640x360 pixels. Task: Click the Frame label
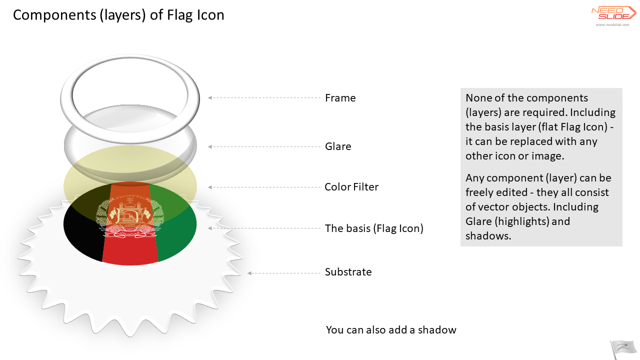pos(340,98)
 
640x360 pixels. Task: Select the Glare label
pos(338,146)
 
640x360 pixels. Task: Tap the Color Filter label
pos(351,187)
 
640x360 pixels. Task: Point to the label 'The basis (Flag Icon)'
pos(374,228)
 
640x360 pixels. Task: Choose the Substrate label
pos(348,271)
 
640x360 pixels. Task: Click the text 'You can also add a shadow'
pos(391,329)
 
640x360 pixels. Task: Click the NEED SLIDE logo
pos(613,13)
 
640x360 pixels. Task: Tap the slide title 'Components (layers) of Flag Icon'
pos(118,15)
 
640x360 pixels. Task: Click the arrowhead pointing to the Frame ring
pos(209,97)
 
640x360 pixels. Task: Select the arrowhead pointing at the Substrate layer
pos(249,273)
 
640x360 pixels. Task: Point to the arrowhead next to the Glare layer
pos(209,146)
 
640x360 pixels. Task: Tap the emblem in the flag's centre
pos(130,215)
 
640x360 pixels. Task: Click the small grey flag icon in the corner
pos(623,349)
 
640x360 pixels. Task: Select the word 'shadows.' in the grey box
pos(488,236)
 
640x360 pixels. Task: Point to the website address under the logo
pos(612,25)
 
